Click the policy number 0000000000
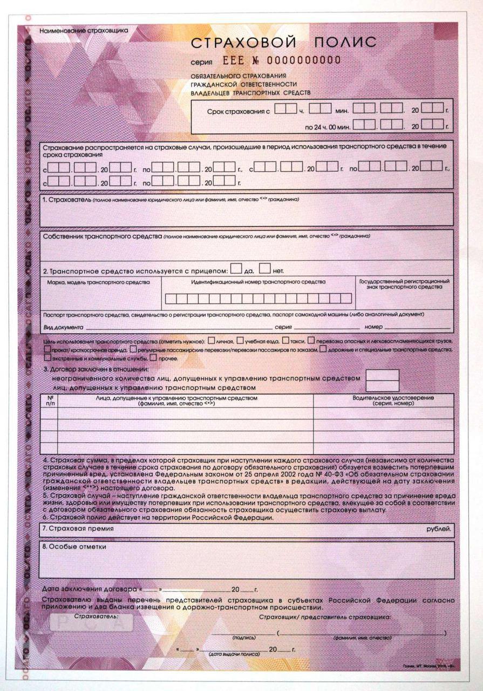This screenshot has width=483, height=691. [303, 60]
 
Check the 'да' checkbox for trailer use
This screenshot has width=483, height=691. [236, 268]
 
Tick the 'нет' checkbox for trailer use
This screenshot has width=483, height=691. [264, 268]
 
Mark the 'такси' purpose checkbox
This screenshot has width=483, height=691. [287, 341]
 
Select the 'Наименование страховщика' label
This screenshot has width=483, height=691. [84, 30]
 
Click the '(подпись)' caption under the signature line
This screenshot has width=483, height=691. [243, 638]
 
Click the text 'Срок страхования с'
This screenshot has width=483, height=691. [238, 111]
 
